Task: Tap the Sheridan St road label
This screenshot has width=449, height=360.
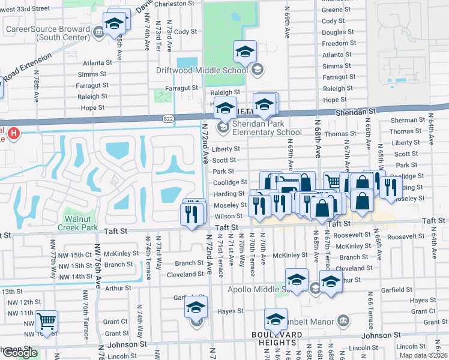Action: pos(355,112)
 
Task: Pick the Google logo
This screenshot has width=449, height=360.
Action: pos(20,353)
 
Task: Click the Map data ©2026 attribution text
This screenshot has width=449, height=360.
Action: pos(423,355)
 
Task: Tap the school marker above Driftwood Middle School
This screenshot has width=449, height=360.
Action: pos(245,52)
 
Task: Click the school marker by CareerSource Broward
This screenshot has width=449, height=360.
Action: pos(113,24)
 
